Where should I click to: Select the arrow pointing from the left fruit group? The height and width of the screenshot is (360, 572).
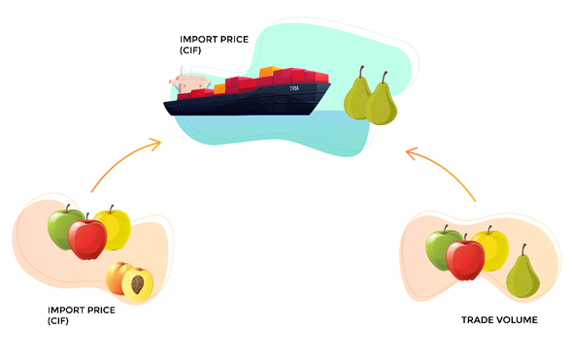(x=124, y=161)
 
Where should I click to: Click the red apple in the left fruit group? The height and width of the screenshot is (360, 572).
(x=87, y=239)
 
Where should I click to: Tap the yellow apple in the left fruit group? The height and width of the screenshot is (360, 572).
(x=115, y=226)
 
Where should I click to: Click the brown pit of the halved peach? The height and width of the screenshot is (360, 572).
(x=137, y=284)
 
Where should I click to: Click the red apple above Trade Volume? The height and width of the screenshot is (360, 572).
(x=465, y=258)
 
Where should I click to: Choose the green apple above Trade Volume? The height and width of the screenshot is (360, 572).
(x=442, y=248)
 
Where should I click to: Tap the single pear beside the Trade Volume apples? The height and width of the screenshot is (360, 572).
(x=523, y=276)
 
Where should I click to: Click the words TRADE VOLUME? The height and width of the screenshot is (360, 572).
(x=498, y=319)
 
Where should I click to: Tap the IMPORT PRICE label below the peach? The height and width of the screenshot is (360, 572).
(x=81, y=310)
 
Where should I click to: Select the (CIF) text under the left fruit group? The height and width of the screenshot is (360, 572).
(x=59, y=320)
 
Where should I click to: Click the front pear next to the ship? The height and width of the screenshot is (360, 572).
(x=382, y=101)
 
